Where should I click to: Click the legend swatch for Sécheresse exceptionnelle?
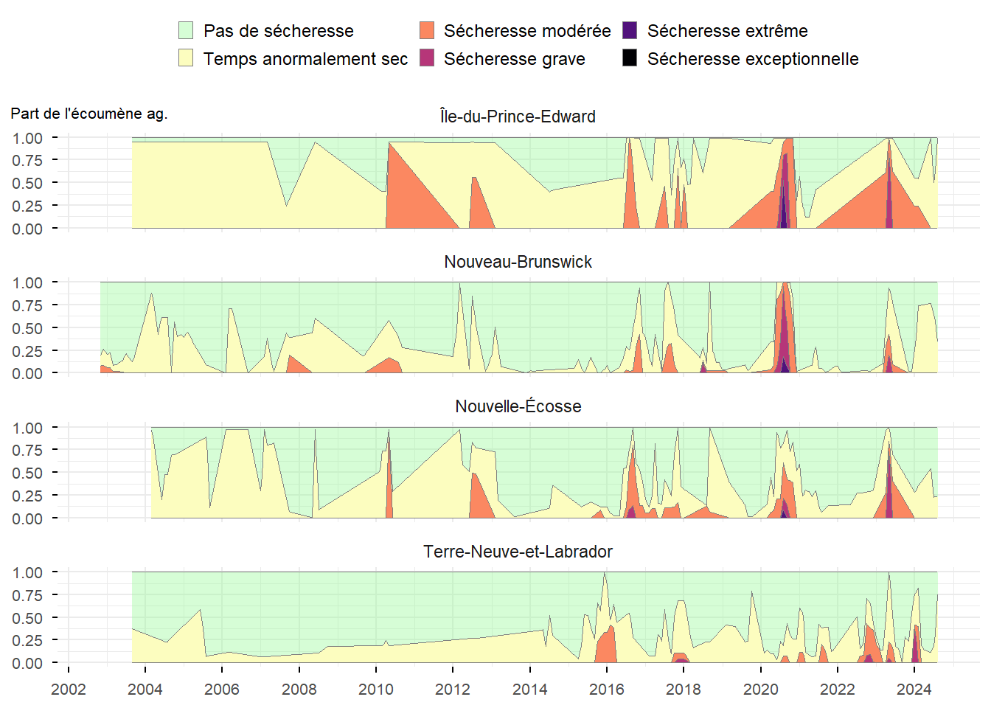630,58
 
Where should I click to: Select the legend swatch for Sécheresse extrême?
630,30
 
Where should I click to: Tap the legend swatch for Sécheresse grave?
427,58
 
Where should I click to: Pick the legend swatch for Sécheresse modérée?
427,30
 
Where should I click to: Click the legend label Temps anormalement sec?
305,59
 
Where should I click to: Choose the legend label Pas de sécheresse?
278,31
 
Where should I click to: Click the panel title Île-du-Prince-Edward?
518,117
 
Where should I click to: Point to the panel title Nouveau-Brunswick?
518,262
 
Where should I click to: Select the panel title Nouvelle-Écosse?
518,406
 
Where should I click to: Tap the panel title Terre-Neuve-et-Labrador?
518,552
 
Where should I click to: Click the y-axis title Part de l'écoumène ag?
89,114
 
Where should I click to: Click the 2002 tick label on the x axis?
69,690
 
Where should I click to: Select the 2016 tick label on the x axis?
607,690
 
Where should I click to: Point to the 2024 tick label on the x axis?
914,690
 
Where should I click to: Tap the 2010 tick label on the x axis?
376,690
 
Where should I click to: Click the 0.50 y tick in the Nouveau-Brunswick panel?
27,328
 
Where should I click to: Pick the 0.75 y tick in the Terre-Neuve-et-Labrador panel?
27,595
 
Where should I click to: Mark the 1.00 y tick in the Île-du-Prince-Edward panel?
27,138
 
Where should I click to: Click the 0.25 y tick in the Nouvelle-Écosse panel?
27,496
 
